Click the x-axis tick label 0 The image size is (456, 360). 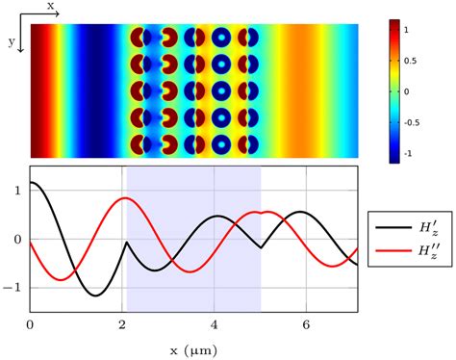(31, 323)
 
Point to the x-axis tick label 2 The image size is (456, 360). (122, 323)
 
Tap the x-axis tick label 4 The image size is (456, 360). (215, 323)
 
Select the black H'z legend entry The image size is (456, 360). (408, 229)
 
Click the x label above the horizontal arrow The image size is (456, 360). (51, 6)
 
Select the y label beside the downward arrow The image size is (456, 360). (11, 41)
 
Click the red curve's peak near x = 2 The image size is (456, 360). (123, 198)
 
